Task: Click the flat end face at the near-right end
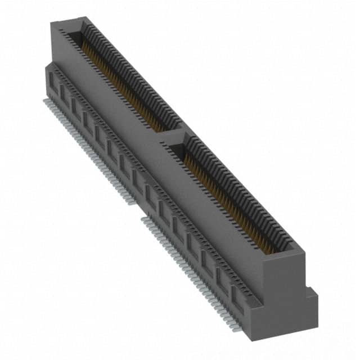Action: coord(285,292)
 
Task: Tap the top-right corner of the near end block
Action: coord(304,250)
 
